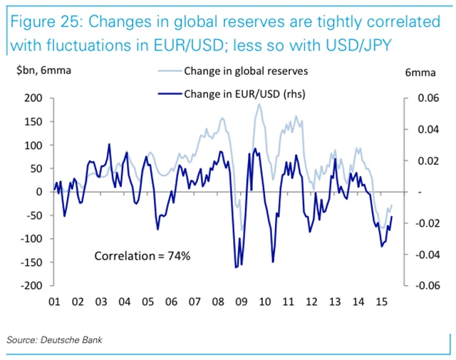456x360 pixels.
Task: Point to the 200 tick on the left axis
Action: tap(33, 98)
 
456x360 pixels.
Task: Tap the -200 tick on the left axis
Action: tap(31, 286)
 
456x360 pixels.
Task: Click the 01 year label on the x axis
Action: tap(53, 302)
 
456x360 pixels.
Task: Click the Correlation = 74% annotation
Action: tap(142, 254)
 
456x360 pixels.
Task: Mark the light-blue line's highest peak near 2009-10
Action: tap(259, 104)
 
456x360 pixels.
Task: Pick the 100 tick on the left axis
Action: tap(33, 145)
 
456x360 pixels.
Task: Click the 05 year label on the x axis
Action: tap(147, 302)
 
